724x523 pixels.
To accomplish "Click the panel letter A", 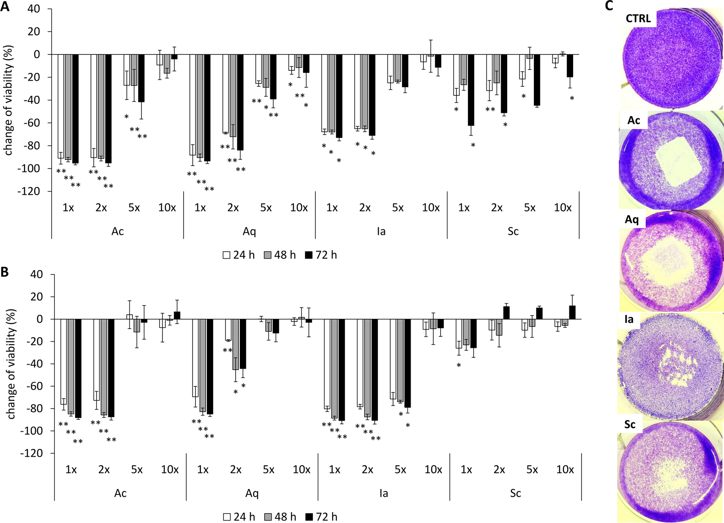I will point(5,7).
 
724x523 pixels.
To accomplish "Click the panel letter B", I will point(4,272).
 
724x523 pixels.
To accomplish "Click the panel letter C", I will point(609,6).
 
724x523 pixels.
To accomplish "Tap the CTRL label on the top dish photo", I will point(638,18).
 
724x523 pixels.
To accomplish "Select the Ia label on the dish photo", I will point(629,319).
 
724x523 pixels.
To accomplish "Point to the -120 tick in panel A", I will point(29,192).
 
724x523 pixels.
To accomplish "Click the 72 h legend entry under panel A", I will point(321,255).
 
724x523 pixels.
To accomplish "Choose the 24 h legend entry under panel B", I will point(239,517).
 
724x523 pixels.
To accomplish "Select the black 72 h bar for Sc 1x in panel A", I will point(471,90).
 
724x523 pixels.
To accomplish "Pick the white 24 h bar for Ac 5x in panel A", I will point(127,70).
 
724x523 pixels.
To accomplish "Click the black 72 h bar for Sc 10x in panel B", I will point(572,312).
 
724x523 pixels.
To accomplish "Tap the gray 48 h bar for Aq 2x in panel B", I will point(236,344).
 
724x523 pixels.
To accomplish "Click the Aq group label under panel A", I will point(249,232).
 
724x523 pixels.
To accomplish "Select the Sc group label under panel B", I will point(515,494).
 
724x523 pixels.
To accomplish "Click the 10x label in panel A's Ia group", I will point(431,208).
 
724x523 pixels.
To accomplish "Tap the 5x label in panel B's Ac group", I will point(137,470).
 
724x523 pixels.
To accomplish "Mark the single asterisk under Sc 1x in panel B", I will point(459,365).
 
